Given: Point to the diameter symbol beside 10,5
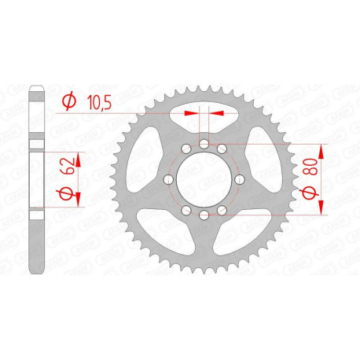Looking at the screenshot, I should click(69, 100).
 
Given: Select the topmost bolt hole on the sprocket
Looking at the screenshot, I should click(202, 144).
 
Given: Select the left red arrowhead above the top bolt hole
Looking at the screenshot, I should click(189, 112).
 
